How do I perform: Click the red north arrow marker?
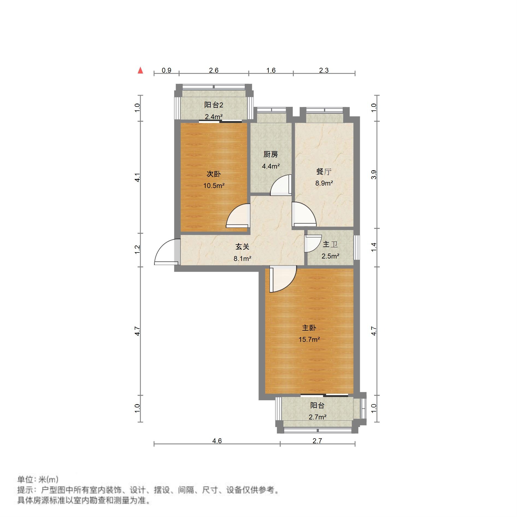tap(140, 70)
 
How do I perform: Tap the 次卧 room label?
tap(213, 174)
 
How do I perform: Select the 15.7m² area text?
tap(309, 339)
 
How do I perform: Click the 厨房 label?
tap(271, 154)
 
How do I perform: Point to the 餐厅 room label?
tap(324, 172)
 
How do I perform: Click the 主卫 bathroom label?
tap(330, 244)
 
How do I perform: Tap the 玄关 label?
tap(242, 247)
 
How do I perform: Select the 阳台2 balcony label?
tap(214, 105)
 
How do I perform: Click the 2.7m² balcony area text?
tap(317, 417)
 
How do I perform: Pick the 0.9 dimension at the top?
tap(166, 70)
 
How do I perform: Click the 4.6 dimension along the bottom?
tap(217, 441)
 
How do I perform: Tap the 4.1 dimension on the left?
tap(138, 177)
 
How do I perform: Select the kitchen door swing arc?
tap(280, 186)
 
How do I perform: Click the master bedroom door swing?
tap(283, 279)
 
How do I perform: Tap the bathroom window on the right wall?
tap(357, 248)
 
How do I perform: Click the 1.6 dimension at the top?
tap(271, 70)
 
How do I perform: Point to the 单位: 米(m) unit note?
tap(38, 479)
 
